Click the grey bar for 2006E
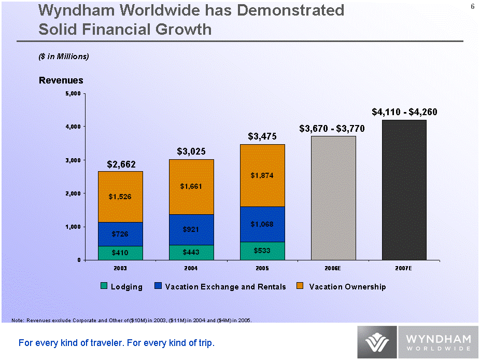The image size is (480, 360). (333, 198)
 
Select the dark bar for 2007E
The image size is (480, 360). (404, 190)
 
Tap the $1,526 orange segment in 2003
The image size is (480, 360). (121, 197)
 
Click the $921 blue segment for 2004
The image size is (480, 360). (191, 229)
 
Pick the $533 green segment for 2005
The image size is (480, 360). (262, 251)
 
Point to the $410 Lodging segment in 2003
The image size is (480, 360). (121, 253)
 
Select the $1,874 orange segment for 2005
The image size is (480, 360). (262, 175)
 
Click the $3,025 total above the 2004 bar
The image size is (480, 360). (191, 151)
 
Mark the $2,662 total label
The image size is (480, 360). (121, 164)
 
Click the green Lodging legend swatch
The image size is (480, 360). (104, 286)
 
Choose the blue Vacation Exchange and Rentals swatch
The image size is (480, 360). (158, 286)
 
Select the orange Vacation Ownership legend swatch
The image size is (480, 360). (300, 286)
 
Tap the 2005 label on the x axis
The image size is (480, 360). (262, 268)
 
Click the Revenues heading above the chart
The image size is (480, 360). (61, 80)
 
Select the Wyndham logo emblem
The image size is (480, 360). (377, 342)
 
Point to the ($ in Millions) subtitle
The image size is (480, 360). (64, 57)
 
